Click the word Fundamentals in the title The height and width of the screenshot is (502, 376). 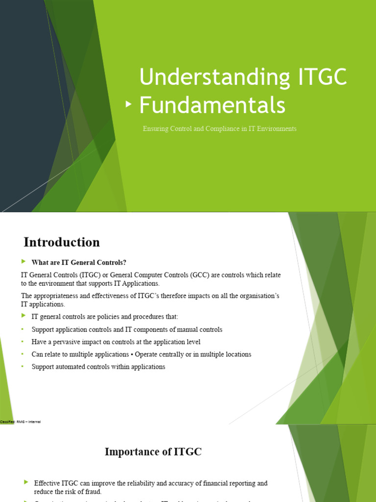212,105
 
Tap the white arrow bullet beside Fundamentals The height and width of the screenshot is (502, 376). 129,104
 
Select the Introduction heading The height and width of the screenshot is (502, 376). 62,242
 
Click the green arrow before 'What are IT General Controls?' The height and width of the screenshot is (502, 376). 24,262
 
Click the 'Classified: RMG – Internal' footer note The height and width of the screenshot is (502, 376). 20,422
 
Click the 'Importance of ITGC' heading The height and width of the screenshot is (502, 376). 153,452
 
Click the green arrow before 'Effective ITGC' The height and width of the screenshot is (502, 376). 26,483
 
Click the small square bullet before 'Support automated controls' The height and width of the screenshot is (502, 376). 22,367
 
